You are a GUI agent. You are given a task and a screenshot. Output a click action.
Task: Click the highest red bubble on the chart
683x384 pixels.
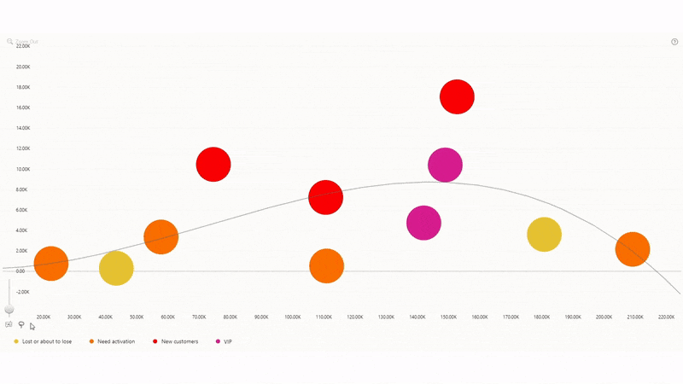457,97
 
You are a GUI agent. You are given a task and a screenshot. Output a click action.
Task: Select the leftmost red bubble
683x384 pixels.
213,165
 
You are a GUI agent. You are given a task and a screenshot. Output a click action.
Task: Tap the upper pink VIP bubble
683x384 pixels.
445,166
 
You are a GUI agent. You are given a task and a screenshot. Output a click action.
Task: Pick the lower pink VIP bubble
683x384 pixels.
423,224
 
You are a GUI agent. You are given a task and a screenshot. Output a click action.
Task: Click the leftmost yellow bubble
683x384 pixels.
116,269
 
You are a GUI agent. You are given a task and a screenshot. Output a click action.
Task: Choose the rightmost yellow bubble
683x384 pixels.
544,235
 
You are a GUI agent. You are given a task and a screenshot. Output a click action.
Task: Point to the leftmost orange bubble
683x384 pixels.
50,264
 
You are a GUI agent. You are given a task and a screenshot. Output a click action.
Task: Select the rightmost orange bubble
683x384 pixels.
633,249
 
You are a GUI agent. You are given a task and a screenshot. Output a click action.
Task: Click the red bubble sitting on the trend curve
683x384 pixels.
325,198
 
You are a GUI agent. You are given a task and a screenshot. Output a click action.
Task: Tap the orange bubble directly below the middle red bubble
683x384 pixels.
326,266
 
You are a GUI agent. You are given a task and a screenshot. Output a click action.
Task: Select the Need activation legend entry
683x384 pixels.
115,341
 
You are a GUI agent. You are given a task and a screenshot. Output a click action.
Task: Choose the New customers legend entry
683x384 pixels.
179,341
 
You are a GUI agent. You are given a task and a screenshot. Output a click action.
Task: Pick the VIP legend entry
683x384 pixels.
227,341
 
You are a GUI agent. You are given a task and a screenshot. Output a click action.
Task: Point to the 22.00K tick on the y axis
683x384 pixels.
23,46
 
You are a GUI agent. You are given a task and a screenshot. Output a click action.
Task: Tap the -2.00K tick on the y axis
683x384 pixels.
23,292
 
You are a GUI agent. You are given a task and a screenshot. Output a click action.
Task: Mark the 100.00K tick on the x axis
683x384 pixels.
294,317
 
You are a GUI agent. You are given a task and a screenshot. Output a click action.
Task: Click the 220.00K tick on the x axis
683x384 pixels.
667,317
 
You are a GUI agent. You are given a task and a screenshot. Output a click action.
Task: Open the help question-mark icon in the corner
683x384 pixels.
674,41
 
